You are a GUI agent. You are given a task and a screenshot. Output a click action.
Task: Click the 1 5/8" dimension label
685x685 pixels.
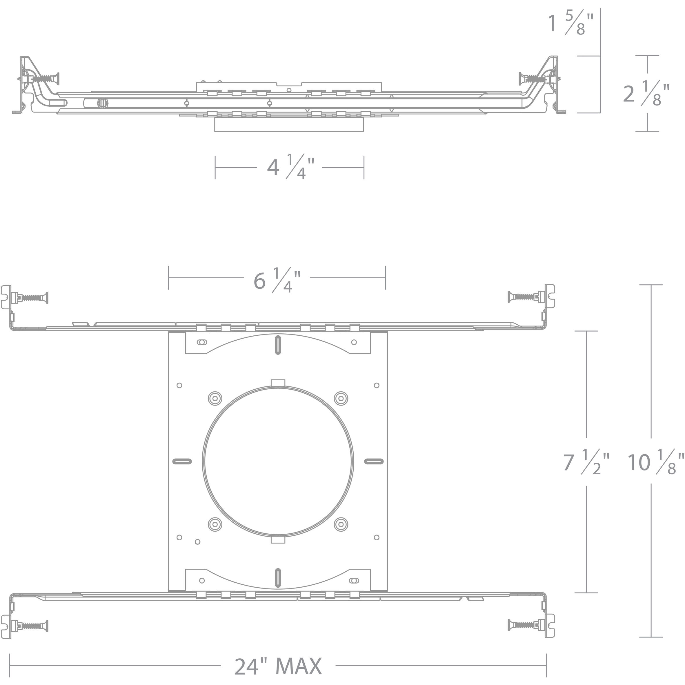(x=570, y=23)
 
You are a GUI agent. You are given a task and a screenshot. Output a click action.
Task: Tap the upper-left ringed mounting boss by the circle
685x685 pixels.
(x=215, y=398)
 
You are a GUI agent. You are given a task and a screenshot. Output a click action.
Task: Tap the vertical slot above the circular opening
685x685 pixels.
(x=278, y=344)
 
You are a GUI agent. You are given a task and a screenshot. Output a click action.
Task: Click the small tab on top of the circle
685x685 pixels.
(x=278, y=383)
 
